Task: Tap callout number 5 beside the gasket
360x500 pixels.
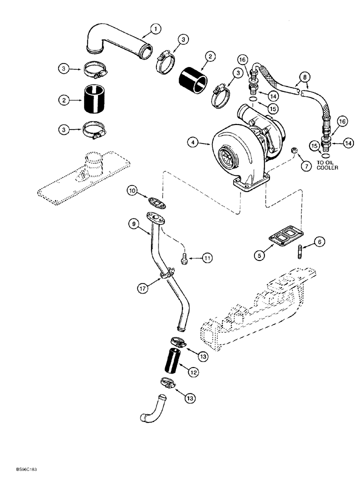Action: (258, 254)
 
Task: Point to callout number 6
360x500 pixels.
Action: (320, 241)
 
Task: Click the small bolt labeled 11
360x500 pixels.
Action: (183, 259)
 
